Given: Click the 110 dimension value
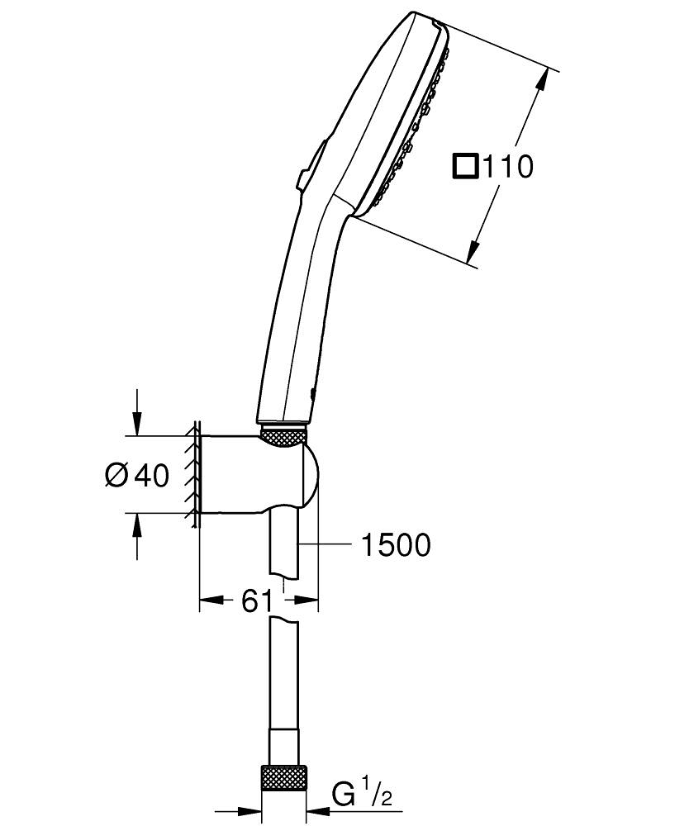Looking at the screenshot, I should [x=508, y=167].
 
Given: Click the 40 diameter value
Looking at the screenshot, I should [x=152, y=476].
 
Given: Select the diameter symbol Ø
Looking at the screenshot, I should [x=117, y=476].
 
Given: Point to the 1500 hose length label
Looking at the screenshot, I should [x=395, y=545].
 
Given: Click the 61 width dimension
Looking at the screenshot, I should [x=257, y=601].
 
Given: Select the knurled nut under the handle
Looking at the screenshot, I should [x=283, y=437].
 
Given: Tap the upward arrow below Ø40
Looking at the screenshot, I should [x=137, y=525].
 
